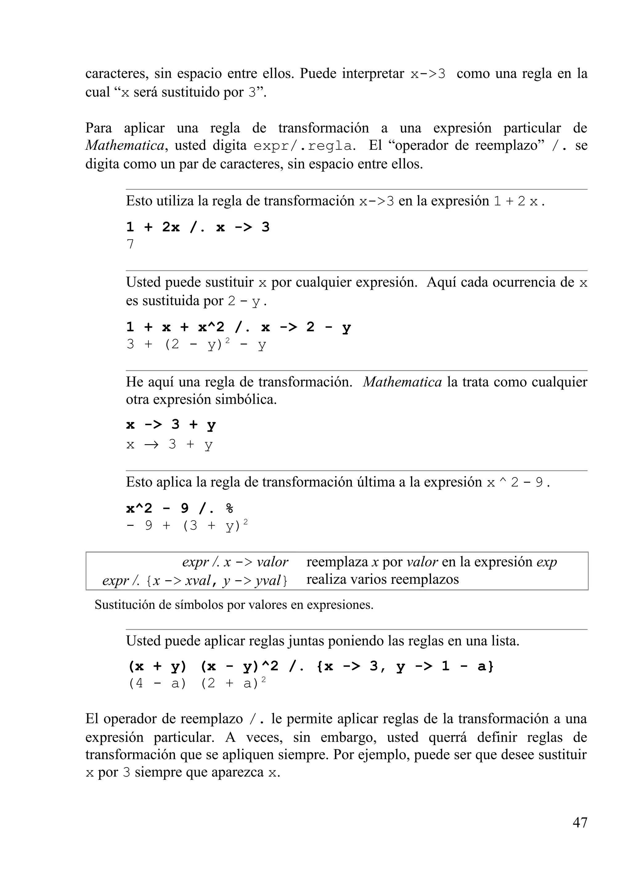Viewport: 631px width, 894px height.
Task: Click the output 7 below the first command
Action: coord(130,244)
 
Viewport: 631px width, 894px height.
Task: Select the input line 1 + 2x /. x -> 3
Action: coord(198,227)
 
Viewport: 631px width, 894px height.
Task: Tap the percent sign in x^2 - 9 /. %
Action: coord(229,508)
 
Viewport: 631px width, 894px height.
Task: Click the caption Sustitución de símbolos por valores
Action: coord(234,605)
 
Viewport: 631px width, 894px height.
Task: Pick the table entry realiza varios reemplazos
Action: coord(382,579)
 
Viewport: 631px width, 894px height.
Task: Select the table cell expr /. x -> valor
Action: coord(235,562)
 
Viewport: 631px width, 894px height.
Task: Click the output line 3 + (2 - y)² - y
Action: coord(196,344)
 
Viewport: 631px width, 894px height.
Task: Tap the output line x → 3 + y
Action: coord(169,444)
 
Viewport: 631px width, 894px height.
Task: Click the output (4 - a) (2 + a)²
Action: coord(197,683)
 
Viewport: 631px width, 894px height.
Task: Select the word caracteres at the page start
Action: coord(116,74)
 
